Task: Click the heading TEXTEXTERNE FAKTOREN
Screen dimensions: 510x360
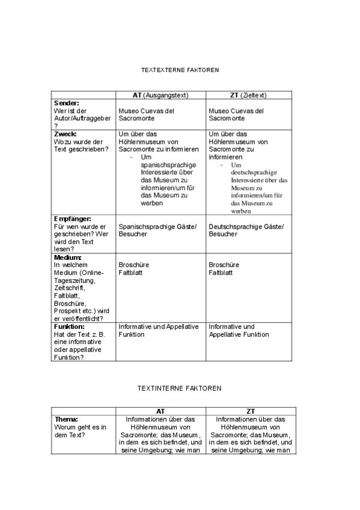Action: (x=180, y=70)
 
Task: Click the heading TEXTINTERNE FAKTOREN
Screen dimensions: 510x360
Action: (x=180, y=388)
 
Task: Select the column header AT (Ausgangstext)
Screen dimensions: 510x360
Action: (x=160, y=95)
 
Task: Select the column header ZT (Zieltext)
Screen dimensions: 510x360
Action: (x=248, y=95)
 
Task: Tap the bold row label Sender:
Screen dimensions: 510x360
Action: (x=67, y=103)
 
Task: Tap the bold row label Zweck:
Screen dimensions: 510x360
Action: (x=66, y=134)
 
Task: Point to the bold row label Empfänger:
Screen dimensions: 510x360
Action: (x=72, y=219)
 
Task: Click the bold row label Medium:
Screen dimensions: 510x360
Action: (x=68, y=257)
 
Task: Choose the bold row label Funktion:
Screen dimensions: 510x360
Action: (x=69, y=327)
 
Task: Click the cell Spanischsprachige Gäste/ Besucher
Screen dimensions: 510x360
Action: (x=157, y=230)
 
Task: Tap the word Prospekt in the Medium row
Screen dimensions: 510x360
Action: (x=67, y=311)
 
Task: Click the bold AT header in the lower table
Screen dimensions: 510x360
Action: (x=160, y=411)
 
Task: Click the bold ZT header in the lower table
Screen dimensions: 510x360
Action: (x=251, y=411)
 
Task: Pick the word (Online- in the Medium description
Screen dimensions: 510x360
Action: (x=91, y=272)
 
